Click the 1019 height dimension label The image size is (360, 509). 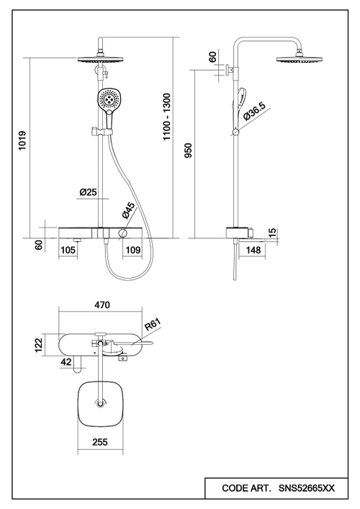tap(22, 140)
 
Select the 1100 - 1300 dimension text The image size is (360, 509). tap(166, 117)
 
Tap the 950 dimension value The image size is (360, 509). tap(188, 150)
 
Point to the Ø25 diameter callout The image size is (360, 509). tap(89, 192)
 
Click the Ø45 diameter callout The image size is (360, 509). tap(128, 210)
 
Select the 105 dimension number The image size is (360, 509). tap(68, 250)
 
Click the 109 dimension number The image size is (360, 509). tap(132, 250)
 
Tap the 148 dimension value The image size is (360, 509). tap(253, 250)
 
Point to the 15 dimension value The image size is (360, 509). tap(273, 232)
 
